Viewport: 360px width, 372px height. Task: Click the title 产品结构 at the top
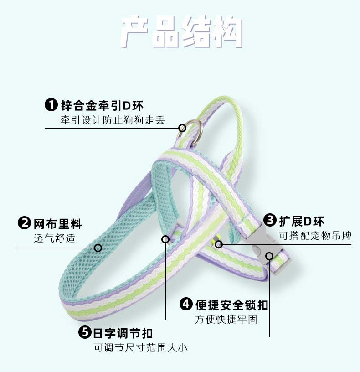[181, 32]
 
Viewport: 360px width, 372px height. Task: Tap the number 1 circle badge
[51, 105]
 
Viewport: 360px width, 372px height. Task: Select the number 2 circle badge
[24, 224]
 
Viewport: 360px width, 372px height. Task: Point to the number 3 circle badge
[271, 221]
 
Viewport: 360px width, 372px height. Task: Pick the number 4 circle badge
[186, 304]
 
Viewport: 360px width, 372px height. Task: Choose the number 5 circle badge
[85, 332]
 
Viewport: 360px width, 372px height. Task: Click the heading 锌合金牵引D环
[102, 106]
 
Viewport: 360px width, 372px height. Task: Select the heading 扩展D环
[302, 222]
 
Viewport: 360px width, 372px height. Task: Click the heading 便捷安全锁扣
[231, 305]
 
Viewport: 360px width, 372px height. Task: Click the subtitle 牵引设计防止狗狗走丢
[113, 121]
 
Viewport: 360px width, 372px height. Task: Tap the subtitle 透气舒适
[55, 238]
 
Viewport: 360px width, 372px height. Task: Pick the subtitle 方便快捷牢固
[226, 319]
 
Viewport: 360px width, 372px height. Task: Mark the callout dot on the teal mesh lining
[98, 248]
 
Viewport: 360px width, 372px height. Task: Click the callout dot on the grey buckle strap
[269, 256]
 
